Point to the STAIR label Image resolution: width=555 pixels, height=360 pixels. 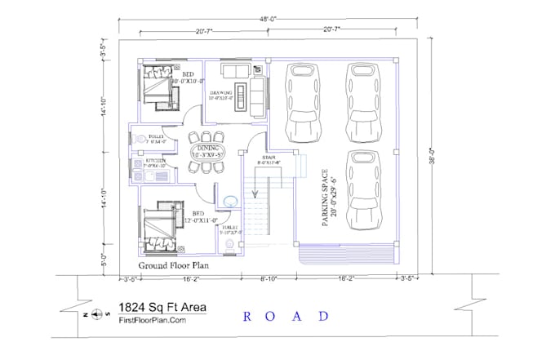click(x=269, y=160)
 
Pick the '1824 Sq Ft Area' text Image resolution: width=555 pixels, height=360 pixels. click(x=162, y=308)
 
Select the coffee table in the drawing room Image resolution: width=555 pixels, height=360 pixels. click(x=240, y=90)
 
